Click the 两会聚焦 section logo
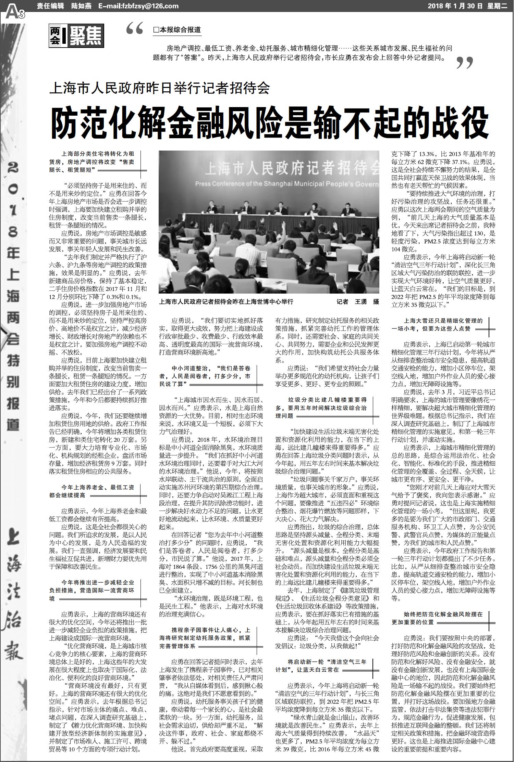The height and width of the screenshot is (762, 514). point(76,36)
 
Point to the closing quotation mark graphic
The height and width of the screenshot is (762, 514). point(465,63)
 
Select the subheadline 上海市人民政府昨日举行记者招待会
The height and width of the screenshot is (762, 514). point(160,89)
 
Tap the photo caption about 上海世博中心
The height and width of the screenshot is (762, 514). point(226,301)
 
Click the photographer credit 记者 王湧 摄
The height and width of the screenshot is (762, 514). point(357,301)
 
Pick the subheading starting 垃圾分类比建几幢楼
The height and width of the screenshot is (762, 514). point(321,408)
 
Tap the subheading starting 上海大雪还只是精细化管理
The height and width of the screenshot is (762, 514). point(438,324)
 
